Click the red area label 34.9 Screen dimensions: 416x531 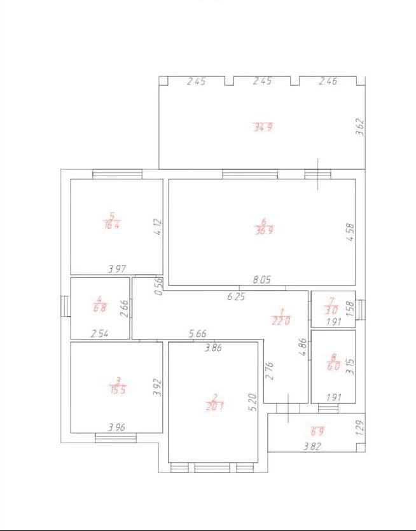coord(263,127)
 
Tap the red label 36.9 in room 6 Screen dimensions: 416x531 coord(264,230)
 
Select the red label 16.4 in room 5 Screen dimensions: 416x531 coord(111,225)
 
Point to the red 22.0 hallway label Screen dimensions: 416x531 coord(281,321)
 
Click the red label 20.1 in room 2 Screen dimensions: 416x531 coord(214,406)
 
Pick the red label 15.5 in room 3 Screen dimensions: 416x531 coord(117,390)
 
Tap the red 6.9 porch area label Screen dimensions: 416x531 coord(317,431)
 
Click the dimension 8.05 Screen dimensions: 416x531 coord(261,280)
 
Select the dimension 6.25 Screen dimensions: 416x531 coord(236,296)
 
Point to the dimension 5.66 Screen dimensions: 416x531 coord(197,334)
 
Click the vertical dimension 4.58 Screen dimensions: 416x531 coord(350,232)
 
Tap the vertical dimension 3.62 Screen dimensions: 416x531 coord(360,127)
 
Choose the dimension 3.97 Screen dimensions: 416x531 coord(117,269)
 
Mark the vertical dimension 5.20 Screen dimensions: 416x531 coord(253,402)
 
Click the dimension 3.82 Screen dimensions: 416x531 coord(312,446)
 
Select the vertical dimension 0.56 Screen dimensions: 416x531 coord(159,286)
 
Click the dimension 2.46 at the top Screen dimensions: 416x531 coord(328,81)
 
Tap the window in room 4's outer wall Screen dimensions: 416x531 coord(66,306)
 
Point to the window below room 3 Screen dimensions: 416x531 coord(116,438)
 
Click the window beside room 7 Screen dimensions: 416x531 coord(361,310)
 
